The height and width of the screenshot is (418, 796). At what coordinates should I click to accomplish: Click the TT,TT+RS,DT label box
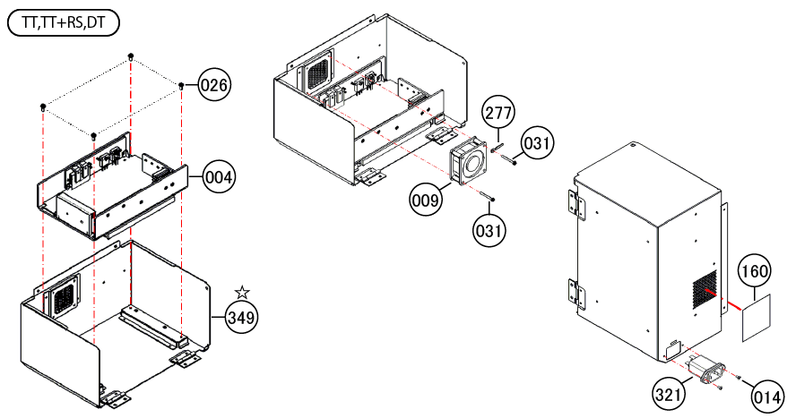pos(64,24)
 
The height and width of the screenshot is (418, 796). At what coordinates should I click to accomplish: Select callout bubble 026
pos(213,85)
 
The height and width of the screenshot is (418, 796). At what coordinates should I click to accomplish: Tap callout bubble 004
pos(219,178)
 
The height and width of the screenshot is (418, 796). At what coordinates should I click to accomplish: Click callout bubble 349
pos(242,318)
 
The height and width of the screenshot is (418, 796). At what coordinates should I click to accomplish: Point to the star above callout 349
pos(242,293)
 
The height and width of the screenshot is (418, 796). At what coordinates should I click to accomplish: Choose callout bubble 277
pos(498,113)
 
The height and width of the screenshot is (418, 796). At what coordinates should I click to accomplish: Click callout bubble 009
pos(426,200)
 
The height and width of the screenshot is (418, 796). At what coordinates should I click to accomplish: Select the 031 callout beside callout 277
pos(537,143)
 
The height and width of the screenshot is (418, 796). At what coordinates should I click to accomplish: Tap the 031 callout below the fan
pos(489,231)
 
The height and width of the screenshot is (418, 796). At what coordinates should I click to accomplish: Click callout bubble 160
pos(755,271)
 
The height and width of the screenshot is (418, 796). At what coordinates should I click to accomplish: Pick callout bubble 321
pos(668,393)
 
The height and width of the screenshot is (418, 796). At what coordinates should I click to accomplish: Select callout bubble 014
pos(767,397)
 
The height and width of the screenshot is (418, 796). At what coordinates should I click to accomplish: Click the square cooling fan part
pos(469,161)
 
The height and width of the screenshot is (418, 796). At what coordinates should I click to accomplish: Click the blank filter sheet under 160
pos(757,318)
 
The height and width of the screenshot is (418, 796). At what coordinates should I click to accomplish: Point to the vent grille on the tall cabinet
pos(705,290)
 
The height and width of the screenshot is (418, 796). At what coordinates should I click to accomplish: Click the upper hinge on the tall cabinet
pos(576,205)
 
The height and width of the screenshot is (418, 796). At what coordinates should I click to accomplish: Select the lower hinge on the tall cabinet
pos(576,294)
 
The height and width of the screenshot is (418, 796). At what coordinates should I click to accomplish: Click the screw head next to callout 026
pos(181,85)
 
